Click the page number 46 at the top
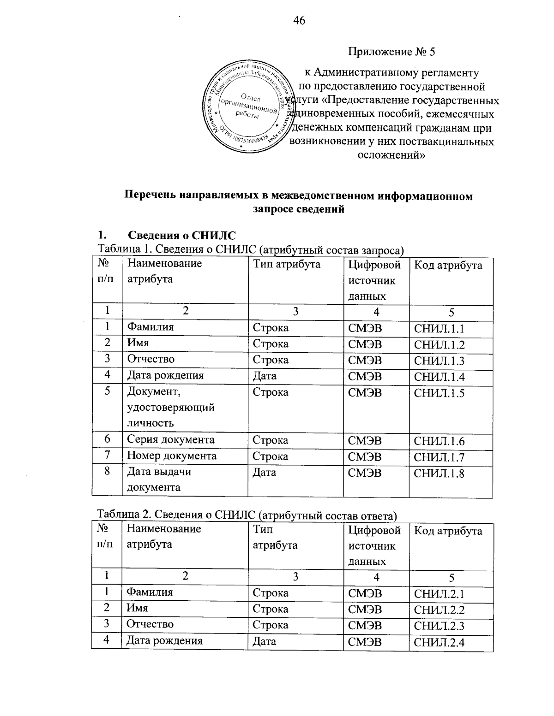coord(299,20)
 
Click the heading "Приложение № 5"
coord(391,52)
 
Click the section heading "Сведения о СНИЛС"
coord(181,236)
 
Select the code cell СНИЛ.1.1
coord(439,328)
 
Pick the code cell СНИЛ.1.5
coord(439,393)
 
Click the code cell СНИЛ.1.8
coord(439,473)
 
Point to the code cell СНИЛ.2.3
coord(439,626)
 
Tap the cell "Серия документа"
coord(171,439)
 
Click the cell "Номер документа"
coord(172,456)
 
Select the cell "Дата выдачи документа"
coord(159,479)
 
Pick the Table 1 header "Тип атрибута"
coord(286,264)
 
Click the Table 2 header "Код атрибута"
coord(448,531)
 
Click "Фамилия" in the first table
coord(151,327)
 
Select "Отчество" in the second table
coord(150,624)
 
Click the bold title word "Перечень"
coord(151,196)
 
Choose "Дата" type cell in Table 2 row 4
coord(264,641)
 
